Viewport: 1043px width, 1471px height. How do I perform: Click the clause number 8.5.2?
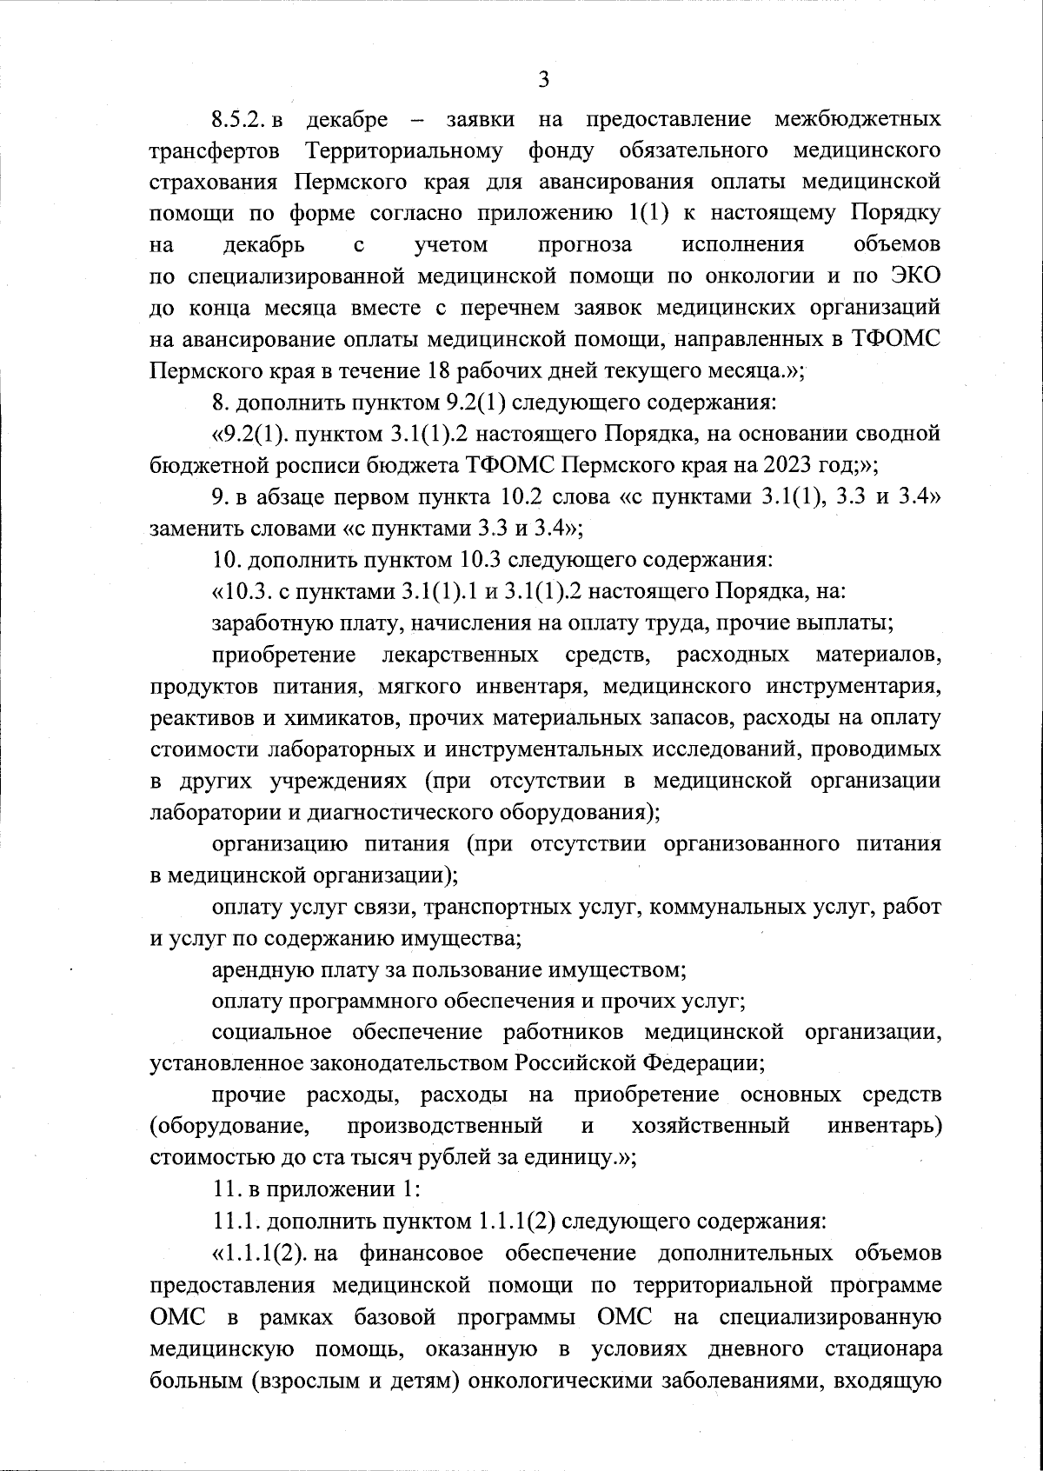click(241, 117)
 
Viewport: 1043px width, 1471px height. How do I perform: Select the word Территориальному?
click(404, 150)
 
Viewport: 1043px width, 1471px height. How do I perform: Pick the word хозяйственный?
click(710, 1126)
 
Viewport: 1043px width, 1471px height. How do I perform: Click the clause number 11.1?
click(236, 1221)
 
